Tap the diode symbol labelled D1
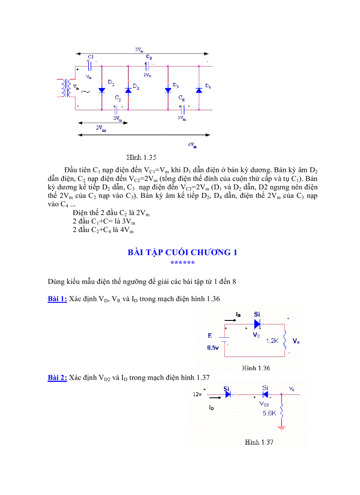pos(101,90)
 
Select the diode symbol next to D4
pos(199,90)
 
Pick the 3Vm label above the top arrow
pos(139,50)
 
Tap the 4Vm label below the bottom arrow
pos(192,145)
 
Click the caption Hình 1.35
pos(142,157)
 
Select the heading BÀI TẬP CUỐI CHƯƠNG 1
pos(183,252)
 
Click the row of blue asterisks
pos(183,263)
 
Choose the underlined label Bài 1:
pos(57,299)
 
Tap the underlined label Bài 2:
pos(57,377)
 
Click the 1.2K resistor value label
pos(271,341)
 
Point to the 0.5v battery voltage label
pos(213,347)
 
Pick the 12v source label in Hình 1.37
pos(197,395)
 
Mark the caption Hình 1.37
pos(259,442)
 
